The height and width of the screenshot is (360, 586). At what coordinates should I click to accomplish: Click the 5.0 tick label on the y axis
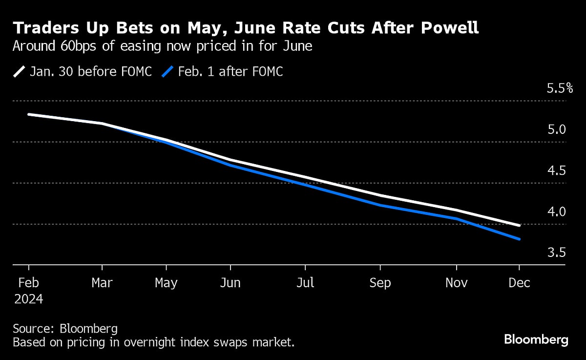[x=556, y=130]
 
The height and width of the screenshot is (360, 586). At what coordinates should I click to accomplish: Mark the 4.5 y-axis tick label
[x=556, y=171]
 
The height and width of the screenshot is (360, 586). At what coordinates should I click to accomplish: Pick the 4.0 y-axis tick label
[x=556, y=212]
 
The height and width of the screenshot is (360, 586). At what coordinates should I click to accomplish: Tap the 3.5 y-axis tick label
[x=556, y=253]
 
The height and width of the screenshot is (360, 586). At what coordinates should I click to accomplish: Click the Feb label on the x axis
[x=28, y=283]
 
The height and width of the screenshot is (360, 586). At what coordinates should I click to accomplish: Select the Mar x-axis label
[x=102, y=283]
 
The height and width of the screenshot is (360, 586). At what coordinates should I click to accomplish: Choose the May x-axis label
[x=167, y=283]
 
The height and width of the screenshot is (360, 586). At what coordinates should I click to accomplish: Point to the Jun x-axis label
[x=230, y=283]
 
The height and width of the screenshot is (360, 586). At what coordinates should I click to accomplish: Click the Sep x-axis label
[x=380, y=283]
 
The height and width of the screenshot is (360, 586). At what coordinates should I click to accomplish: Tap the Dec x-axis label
[x=519, y=283]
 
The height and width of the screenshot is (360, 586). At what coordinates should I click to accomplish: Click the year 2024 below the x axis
[x=28, y=299]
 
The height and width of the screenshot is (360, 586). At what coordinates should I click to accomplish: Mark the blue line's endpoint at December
[x=519, y=239]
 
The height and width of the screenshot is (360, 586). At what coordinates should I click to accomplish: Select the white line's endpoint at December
[x=519, y=225]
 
